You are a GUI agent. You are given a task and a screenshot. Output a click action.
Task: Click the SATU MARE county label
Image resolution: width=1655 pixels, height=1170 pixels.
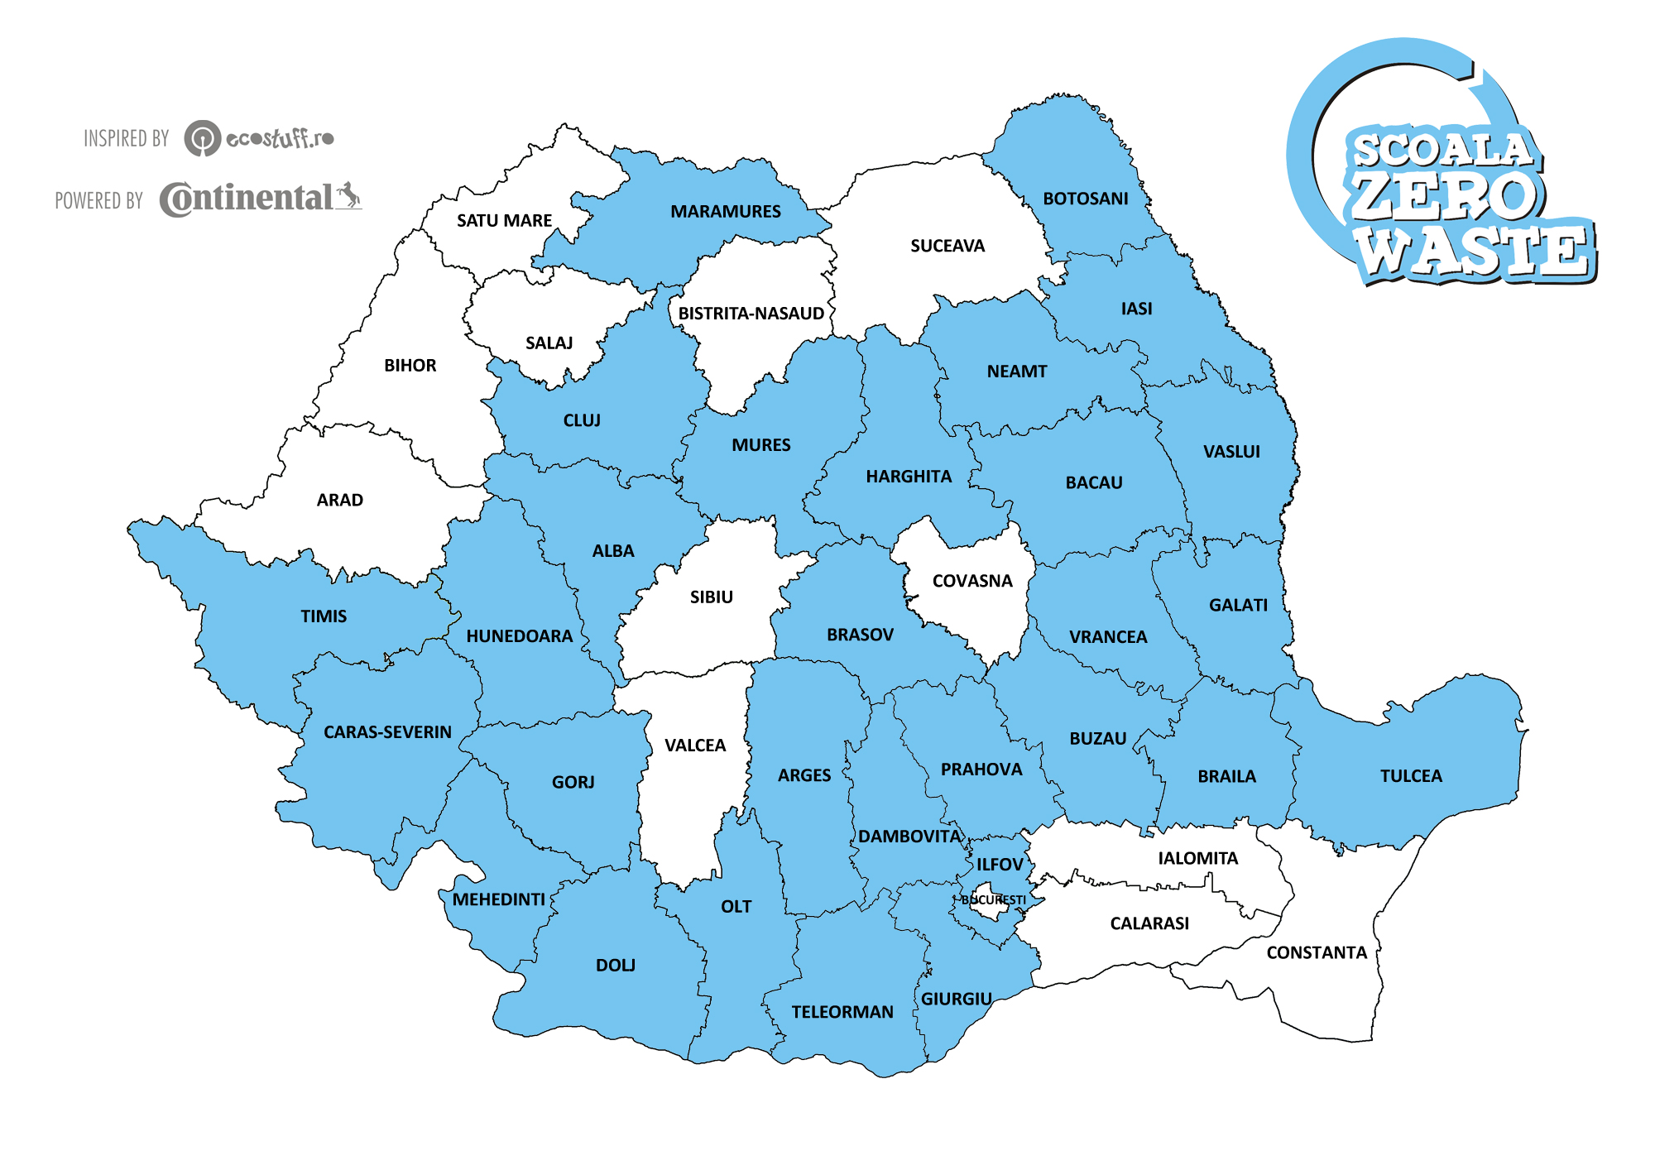(x=504, y=221)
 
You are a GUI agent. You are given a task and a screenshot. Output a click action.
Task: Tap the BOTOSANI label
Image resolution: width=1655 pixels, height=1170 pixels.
(x=1085, y=199)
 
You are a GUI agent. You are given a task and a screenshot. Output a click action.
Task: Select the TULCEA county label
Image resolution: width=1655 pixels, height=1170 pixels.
(x=1410, y=776)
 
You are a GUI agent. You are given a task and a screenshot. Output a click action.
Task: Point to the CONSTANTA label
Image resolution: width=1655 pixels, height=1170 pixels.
(x=1316, y=952)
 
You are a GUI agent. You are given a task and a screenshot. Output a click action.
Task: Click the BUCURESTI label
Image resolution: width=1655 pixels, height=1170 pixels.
(x=993, y=899)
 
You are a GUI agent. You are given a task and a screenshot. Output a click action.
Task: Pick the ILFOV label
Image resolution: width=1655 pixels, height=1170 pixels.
(x=1000, y=865)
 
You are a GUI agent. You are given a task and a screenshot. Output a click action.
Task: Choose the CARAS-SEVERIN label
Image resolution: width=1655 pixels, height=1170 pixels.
(x=387, y=732)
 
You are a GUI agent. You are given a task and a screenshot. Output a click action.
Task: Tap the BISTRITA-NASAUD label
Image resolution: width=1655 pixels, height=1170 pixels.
(x=751, y=314)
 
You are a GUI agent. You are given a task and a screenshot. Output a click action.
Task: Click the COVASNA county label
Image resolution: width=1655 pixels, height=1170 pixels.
(x=971, y=581)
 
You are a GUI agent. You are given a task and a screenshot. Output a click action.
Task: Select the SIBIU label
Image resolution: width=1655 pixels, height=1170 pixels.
(x=711, y=597)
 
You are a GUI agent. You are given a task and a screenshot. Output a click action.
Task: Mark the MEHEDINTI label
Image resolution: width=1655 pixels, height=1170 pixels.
(x=498, y=899)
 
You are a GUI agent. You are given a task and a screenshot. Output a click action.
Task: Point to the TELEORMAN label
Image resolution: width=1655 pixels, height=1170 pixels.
(x=842, y=1012)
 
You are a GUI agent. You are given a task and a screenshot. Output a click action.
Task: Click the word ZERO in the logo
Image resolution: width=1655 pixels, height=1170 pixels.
(x=1443, y=196)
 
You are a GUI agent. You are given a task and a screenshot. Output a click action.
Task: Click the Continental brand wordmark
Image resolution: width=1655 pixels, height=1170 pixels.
(x=247, y=199)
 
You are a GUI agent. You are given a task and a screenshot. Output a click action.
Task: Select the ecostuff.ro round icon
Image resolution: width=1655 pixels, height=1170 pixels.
(x=202, y=138)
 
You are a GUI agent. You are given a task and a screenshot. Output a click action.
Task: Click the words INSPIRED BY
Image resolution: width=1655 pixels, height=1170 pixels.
(x=126, y=138)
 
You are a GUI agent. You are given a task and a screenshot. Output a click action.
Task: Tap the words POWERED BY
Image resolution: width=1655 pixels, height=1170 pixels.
(x=98, y=201)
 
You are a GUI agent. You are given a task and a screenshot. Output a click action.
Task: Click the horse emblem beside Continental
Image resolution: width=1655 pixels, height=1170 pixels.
(x=348, y=196)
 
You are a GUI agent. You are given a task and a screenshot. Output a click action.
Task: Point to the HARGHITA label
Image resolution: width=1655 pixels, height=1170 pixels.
(x=908, y=477)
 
